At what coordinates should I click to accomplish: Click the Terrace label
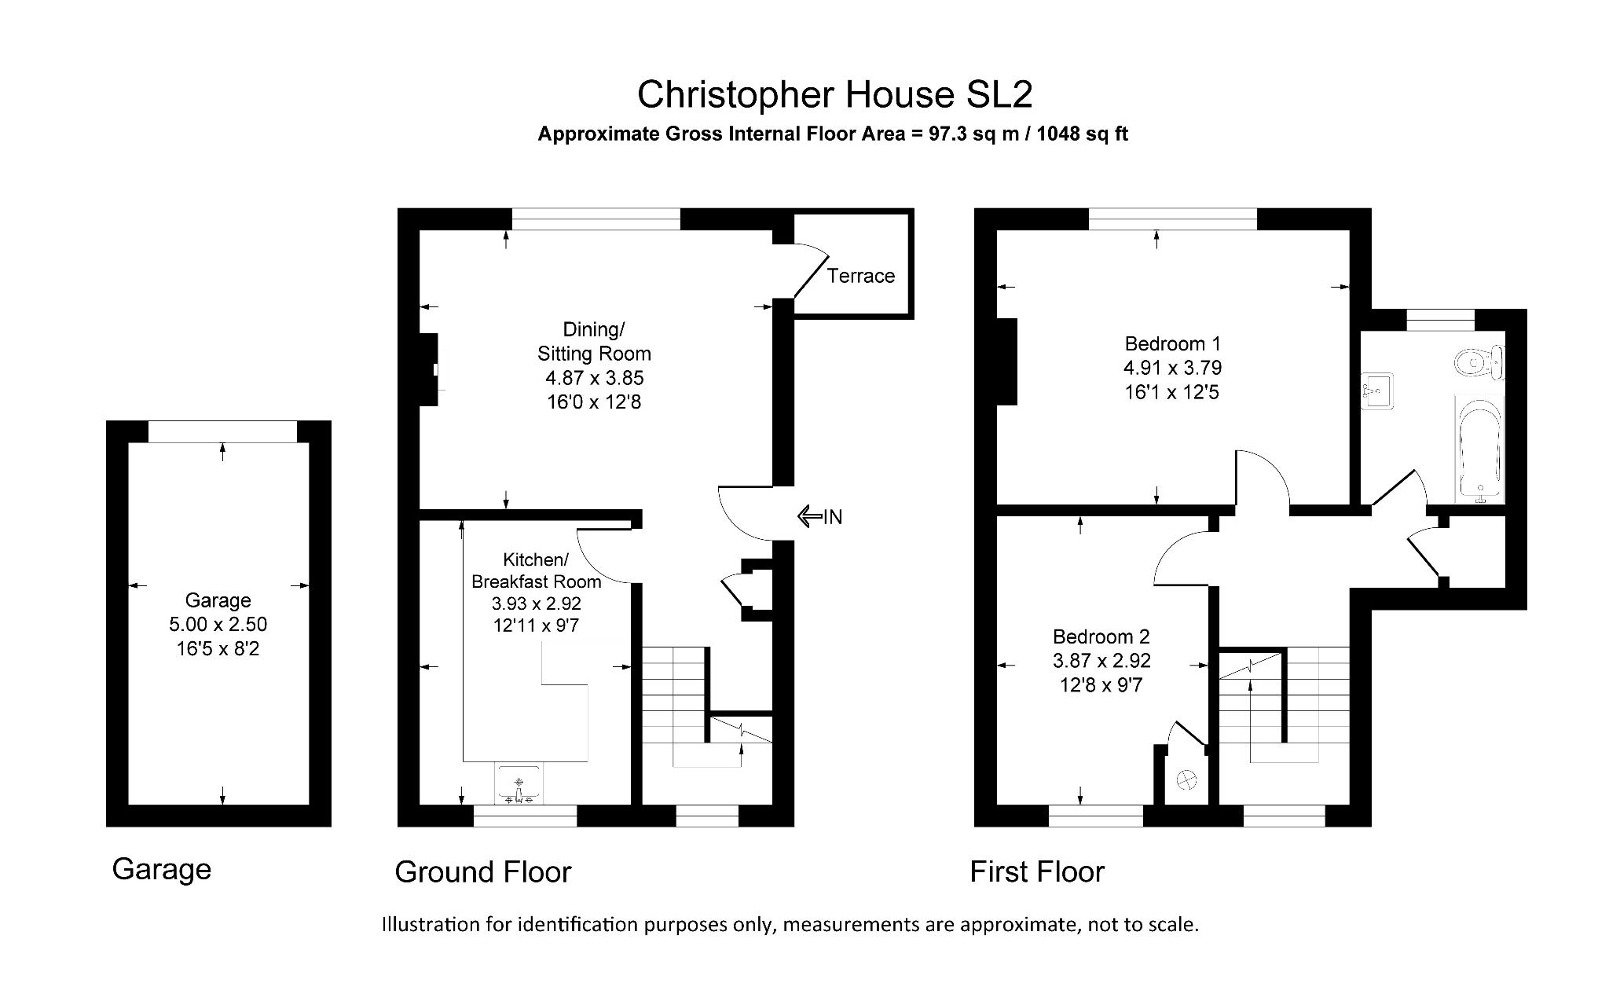(x=860, y=276)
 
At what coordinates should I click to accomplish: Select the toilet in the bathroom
(x=1477, y=363)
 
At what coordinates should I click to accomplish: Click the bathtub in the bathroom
(x=1479, y=448)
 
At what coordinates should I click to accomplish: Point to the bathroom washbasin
(x=1376, y=391)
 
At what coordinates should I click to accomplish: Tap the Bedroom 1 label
(x=1172, y=343)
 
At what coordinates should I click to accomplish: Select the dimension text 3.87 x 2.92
(x=1101, y=661)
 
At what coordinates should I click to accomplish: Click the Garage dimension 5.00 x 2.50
(x=218, y=625)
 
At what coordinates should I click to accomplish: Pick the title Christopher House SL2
(x=834, y=94)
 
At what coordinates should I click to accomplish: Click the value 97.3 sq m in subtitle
(x=973, y=134)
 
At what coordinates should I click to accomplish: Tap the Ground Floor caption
(x=482, y=871)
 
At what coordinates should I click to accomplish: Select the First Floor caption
(x=1036, y=871)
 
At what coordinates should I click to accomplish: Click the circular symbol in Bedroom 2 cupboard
(x=1186, y=779)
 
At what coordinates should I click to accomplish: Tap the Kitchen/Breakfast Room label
(x=536, y=570)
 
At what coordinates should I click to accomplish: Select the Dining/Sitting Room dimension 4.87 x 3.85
(x=594, y=378)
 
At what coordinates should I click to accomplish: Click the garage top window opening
(x=222, y=431)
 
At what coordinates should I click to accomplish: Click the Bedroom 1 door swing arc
(x=1263, y=479)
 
